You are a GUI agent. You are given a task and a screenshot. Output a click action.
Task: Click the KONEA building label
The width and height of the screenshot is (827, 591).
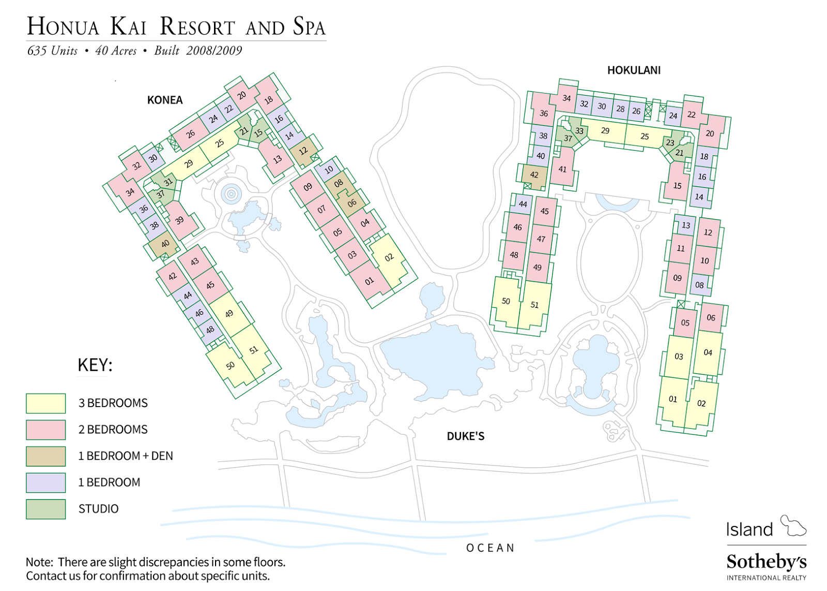tap(164, 100)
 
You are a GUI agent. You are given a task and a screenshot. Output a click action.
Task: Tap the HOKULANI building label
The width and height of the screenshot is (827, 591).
tap(633, 70)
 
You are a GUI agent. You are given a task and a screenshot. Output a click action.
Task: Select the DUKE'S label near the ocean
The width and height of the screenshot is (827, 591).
tap(465, 437)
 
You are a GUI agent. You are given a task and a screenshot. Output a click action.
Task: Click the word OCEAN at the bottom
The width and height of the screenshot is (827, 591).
tap(490, 548)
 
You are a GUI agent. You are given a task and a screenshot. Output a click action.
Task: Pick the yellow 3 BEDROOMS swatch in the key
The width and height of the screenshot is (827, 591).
tap(46, 403)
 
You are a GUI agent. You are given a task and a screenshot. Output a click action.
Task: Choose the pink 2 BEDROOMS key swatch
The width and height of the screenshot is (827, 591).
tap(46, 430)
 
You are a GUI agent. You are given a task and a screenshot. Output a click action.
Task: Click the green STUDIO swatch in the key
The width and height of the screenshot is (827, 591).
tap(46, 509)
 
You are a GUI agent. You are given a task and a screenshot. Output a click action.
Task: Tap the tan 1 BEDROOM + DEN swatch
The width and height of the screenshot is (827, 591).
tap(46, 456)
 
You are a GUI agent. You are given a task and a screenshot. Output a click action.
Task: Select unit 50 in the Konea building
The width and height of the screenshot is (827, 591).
tap(231, 366)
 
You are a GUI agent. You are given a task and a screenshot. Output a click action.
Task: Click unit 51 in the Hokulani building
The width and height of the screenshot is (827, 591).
tap(534, 305)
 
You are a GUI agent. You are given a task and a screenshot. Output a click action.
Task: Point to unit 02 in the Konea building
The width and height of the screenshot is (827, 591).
tap(389, 258)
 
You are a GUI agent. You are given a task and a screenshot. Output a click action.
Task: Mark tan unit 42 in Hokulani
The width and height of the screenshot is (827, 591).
tap(534, 175)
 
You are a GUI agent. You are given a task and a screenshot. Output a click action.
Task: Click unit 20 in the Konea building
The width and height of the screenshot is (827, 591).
tap(242, 95)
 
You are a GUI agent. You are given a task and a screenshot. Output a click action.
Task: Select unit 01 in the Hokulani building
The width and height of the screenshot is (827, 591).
tap(672, 399)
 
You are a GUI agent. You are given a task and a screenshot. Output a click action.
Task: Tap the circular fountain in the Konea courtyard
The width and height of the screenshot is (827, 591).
tap(231, 194)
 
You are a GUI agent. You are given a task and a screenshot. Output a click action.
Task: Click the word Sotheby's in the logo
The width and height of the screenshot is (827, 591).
tap(766, 562)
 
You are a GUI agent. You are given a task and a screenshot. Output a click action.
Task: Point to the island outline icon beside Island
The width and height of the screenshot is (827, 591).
tap(793, 526)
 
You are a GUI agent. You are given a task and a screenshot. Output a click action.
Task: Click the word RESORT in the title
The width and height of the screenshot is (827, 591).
tap(197, 27)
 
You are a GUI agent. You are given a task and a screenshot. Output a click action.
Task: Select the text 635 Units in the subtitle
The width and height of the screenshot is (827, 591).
tap(52, 51)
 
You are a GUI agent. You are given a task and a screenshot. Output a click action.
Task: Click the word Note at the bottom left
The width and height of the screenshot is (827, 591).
tap(38, 562)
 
